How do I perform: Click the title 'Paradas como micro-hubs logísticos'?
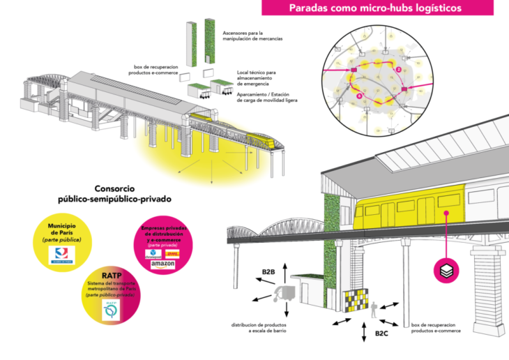[x=375, y=8]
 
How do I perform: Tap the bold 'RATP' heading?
[x=111, y=275]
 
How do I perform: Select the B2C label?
[x=381, y=335]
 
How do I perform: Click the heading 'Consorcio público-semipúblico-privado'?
[x=114, y=194]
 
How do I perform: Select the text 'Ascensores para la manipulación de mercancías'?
[x=252, y=36]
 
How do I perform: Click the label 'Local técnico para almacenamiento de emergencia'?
[x=254, y=77]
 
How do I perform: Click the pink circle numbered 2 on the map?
[x=398, y=69]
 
